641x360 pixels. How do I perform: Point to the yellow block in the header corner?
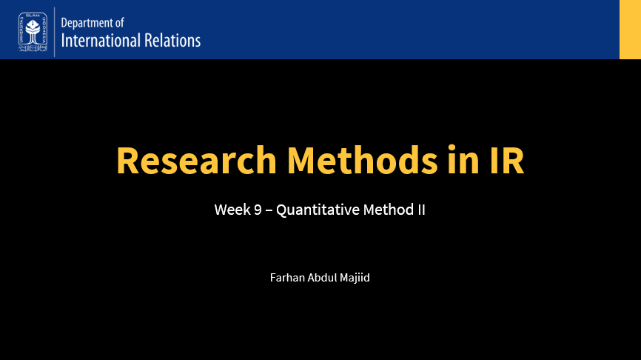(630, 30)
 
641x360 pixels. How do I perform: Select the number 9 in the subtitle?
(258, 210)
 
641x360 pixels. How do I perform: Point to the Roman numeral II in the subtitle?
(422, 210)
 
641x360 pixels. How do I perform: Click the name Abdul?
(320, 279)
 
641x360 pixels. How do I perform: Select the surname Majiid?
(354, 279)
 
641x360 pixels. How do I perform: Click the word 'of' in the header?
(120, 24)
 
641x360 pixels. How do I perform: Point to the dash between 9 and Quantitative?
(269, 210)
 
